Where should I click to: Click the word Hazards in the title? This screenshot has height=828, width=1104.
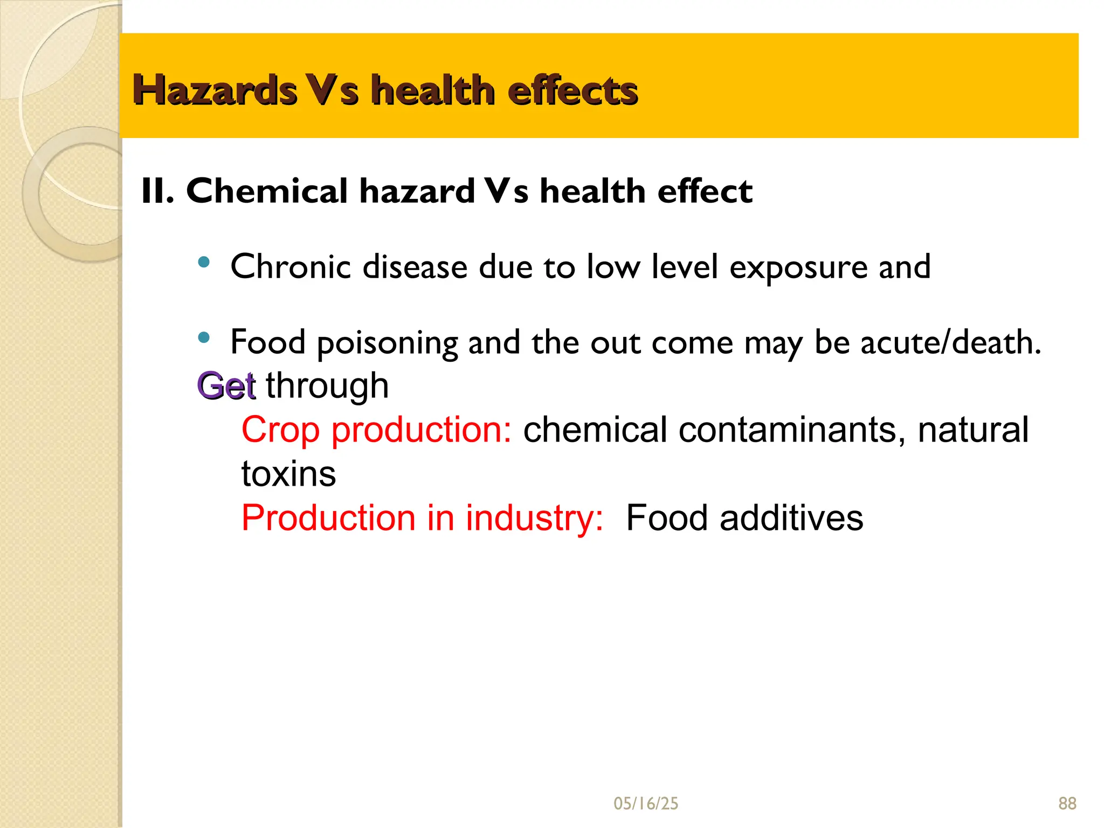tap(215, 90)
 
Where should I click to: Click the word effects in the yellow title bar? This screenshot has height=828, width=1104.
tap(572, 90)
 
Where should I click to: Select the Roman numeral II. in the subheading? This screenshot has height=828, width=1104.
tap(157, 191)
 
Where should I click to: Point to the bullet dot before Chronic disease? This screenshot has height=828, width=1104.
tap(204, 263)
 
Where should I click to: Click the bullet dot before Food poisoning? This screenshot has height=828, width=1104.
tap(204, 338)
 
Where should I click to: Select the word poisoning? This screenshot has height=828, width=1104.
tap(388, 343)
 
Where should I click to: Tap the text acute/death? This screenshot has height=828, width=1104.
tap(950, 342)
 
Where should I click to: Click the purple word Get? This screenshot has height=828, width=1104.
tap(226, 385)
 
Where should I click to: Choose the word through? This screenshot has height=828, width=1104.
tap(327, 385)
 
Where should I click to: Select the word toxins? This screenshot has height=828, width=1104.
tap(288, 474)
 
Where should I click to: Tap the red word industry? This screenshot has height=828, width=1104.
tap(534, 518)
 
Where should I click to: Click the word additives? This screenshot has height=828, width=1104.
tap(791, 518)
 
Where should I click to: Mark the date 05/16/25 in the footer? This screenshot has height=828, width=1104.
tap(646, 804)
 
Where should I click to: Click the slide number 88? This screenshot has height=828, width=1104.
tap(1067, 804)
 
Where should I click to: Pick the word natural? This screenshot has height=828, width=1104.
tap(973, 430)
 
